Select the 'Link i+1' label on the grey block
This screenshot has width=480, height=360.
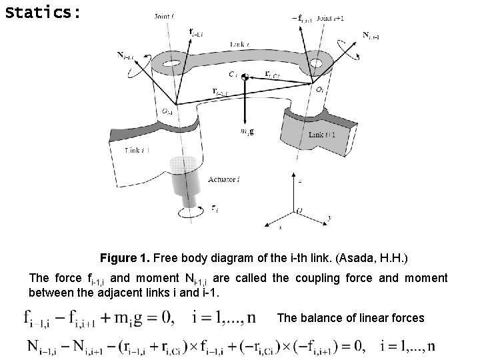(325, 135)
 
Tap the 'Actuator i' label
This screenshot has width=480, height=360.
(224, 179)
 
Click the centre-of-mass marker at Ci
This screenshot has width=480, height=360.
(245, 78)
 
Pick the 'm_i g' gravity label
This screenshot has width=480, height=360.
(247, 131)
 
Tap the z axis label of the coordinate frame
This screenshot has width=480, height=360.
(299, 179)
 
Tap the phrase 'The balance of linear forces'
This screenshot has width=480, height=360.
(350, 317)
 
